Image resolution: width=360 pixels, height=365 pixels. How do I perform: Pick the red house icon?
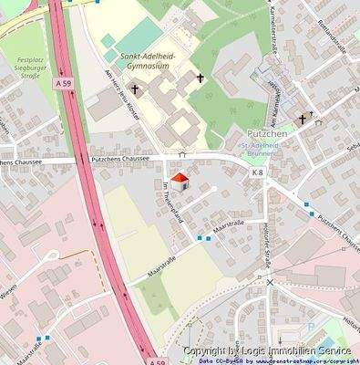click(180, 180)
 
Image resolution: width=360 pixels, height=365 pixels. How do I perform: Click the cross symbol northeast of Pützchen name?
click(302, 119)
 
